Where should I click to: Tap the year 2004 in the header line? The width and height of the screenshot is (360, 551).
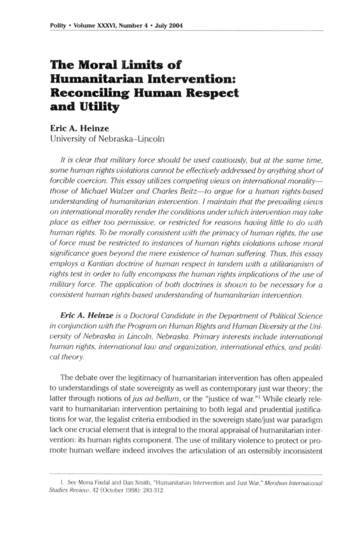173,25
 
